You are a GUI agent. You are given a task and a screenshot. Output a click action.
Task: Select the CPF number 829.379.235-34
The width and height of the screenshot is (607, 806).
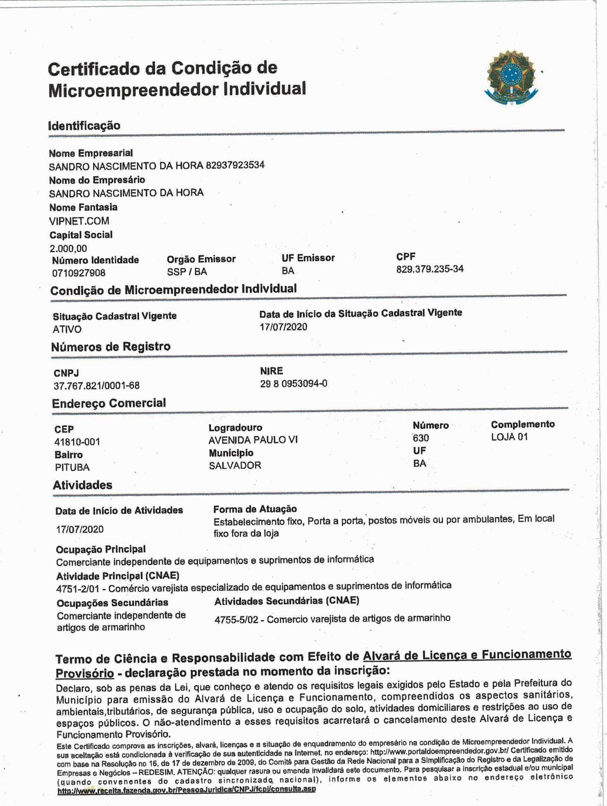point(430,269)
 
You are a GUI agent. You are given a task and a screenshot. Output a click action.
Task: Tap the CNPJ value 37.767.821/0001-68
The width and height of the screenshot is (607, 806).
point(96,385)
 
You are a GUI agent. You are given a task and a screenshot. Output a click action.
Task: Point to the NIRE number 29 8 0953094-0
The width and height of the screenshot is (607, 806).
point(293,383)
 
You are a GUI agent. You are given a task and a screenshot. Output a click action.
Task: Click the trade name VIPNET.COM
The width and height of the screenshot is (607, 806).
point(79,221)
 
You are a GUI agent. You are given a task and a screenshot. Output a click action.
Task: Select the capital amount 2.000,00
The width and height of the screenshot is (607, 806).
point(68,248)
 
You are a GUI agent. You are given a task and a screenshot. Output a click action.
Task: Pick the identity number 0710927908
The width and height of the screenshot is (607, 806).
point(79,273)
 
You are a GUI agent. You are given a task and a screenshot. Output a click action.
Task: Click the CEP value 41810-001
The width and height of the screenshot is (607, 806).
point(77,442)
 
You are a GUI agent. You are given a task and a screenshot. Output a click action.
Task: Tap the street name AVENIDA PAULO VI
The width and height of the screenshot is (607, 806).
point(253,440)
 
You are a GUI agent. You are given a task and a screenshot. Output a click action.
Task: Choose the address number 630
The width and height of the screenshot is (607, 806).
point(421,438)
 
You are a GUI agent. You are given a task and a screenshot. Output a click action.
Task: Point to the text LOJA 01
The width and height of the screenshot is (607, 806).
point(509,437)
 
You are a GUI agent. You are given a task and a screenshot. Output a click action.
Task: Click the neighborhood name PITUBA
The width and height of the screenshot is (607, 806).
point(72,467)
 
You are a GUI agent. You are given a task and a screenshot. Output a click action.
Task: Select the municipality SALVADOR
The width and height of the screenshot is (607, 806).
point(235,465)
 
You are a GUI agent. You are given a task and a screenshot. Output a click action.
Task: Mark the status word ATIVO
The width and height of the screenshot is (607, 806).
point(67,329)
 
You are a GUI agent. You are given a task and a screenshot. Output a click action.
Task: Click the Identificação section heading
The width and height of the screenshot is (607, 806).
point(84,126)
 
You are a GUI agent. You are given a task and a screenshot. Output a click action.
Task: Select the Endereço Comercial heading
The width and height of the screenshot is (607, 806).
point(109,403)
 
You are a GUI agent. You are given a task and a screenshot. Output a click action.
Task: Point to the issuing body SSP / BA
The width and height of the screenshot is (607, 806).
point(187,272)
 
